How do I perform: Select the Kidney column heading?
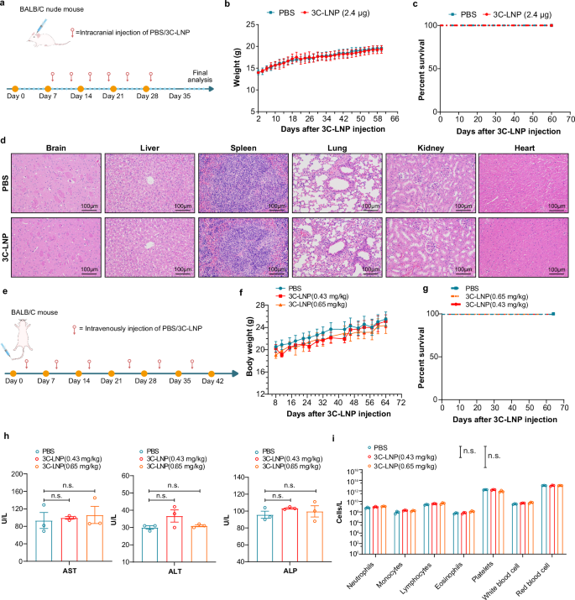click(x=427, y=148)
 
